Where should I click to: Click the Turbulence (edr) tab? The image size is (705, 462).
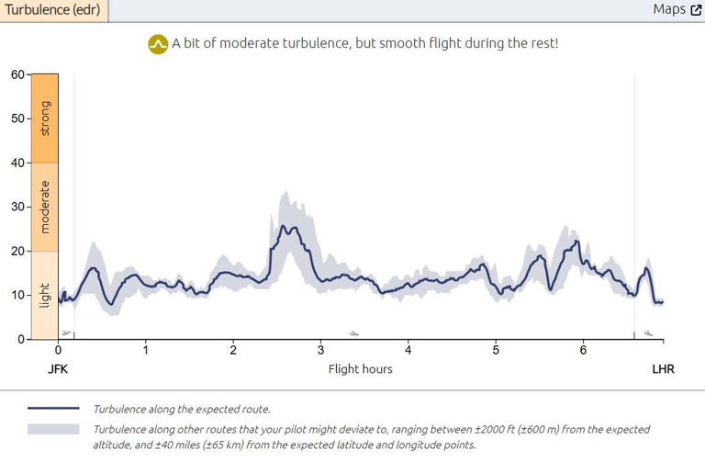pyautogui.click(x=53, y=10)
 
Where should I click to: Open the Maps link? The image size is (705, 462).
pyautogui.click(x=669, y=9)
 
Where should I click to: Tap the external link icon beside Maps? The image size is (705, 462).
pyautogui.click(x=696, y=10)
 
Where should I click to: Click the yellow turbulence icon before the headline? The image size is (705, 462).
pyautogui.click(x=158, y=44)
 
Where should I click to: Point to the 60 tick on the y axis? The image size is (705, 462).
pyautogui.click(x=17, y=74)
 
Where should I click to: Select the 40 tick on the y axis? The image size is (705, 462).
pyautogui.click(x=17, y=163)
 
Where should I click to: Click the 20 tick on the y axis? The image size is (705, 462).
pyautogui.click(x=17, y=251)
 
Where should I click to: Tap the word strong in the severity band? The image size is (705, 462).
pyautogui.click(x=45, y=118)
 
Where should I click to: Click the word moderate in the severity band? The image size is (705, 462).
pyautogui.click(x=45, y=207)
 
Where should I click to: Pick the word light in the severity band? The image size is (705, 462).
pyautogui.click(x=45, y=295)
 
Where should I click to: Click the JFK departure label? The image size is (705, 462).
pyautogui.click(x=58, y=369)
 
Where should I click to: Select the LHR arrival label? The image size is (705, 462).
pyautogui.click(x=663, y=369)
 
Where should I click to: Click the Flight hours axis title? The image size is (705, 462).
pyautogui.click(x=360, y=369)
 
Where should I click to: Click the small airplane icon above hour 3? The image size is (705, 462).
pyautogui.click(x=354, y=333)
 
